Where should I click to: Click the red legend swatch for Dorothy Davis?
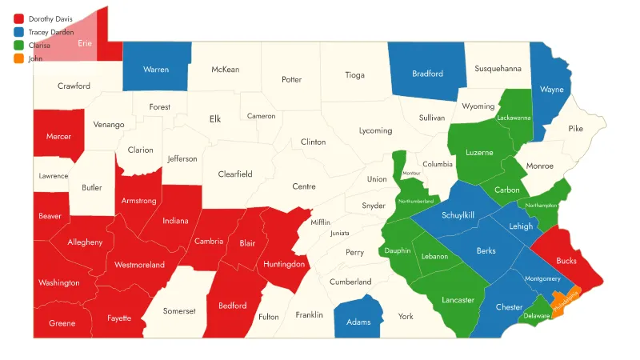point(18,18)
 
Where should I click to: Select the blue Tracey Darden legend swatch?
point(18,32)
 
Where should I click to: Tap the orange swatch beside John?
point(18,59)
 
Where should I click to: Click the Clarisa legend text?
point(39,46)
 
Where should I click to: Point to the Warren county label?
point(156,70)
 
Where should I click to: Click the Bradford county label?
point(427,74)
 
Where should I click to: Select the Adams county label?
point(358,322)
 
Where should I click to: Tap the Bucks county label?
point(566,261)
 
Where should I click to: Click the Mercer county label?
point(58,137)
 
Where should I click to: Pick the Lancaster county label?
point(458,300)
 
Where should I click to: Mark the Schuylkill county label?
point(458,215)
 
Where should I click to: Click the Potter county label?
point(291,80)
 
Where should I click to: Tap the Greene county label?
point(62,323)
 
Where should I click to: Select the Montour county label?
point(411,174)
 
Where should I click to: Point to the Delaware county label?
point(536,316)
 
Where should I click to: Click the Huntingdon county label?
point(284,264)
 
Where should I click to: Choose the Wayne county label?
point(551,90)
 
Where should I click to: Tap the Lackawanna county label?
point(514,118)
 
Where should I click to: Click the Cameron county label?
point(261,116)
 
